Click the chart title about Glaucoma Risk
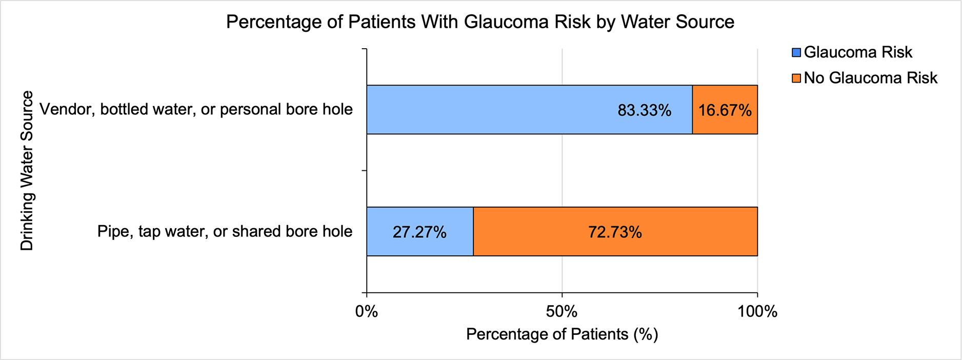[480, 22]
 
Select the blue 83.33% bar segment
[529, 110]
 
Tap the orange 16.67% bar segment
[725, 110]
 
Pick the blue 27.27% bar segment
[420, 232]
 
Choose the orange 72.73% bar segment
[615, 232]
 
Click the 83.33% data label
[645, 111]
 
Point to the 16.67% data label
[725, 111]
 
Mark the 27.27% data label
[419, 233]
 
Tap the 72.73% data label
[615, 233]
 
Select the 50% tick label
[562, 312]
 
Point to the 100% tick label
[757, 312]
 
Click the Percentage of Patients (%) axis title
[562, 335]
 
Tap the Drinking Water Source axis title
[27, 171]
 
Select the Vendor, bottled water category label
[196, 110]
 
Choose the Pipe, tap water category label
[225, 232]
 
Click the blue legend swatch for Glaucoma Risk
[796, 53]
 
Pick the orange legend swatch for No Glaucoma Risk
[796, 78]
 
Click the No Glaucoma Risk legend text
[871, 78]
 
